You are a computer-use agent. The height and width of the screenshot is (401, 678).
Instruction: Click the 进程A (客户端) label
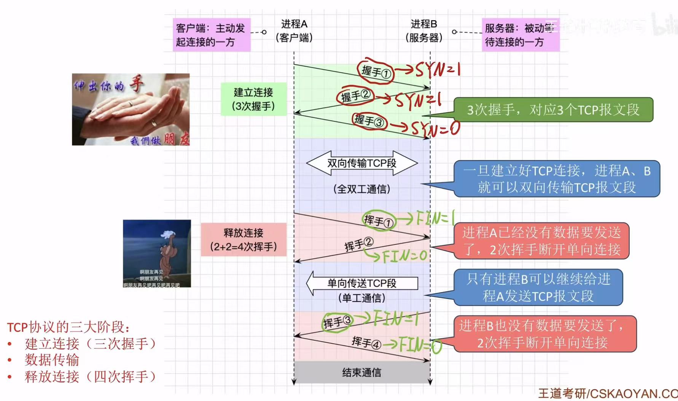(x=294, y=31)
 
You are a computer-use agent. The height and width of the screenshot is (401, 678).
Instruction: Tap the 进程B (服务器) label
(x=423, y=31)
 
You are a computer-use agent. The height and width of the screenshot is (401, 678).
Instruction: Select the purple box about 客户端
(x=212, y=35)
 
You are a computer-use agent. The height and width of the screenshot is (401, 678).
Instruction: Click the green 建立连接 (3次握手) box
(x=253, y=99)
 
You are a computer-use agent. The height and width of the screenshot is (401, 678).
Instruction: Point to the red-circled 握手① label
(x=376, y=71)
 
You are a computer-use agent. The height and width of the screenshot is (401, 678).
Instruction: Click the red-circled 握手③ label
(x=369, y=121)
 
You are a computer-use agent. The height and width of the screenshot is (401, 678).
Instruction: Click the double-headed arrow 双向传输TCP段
(x=362, y=163)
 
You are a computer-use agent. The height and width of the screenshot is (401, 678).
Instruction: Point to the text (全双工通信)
(x=362, y=189)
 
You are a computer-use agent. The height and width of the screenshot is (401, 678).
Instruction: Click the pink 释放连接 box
(x=244, y=239)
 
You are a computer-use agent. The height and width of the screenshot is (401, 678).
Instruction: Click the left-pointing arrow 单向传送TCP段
(x=362, y=283)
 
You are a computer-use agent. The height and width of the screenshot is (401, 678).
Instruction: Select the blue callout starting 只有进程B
(x=538, y=287)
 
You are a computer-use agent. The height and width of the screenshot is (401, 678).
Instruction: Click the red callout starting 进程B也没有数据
(x=544, y=334)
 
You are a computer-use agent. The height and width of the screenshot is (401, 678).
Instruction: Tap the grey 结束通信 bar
(x=362, y=372)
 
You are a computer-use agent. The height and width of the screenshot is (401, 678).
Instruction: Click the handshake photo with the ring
(x=131, y=109)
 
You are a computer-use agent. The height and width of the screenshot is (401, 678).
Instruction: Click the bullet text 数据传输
(x=52, y=360)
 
